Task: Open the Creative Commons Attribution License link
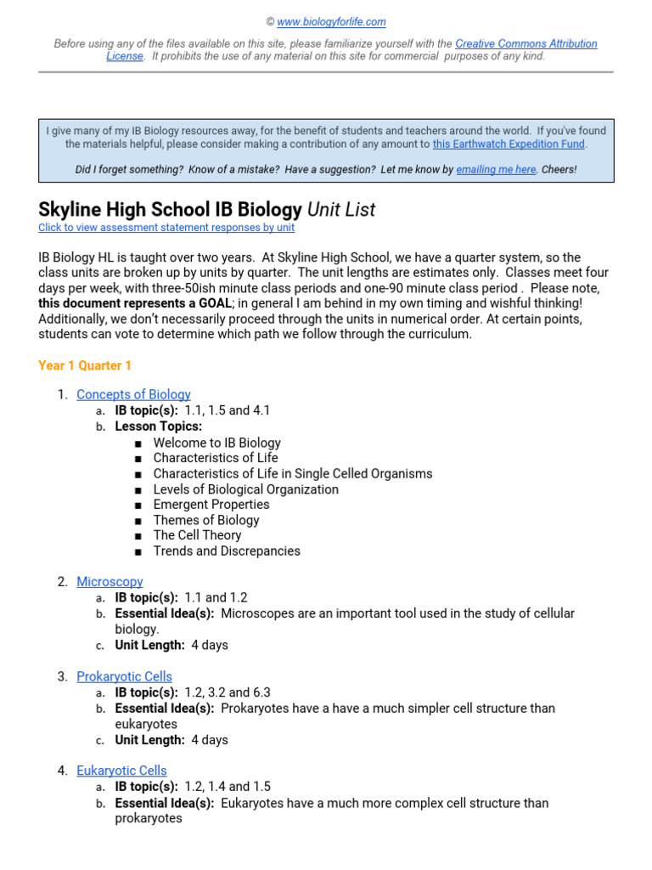pos(526,43)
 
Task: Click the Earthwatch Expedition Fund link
pos(509,144)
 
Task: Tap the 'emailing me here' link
pos(496,170)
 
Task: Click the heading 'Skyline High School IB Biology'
pos(171,210)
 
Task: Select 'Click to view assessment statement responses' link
pos(166,228)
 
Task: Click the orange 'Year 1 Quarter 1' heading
pos(85,365)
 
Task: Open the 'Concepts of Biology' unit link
pos(133,394)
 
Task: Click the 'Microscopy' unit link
pos(110,582)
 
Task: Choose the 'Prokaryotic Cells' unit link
pos(124,677)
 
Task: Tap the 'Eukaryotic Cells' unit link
pos(121,771)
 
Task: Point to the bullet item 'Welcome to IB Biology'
pos(216,443)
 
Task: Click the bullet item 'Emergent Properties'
pos(211,505)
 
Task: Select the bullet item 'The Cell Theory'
pos(197,535)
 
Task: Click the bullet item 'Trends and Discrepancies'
pos(227,551)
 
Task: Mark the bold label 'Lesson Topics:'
pos(159,427)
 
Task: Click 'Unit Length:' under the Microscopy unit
pos(150,645)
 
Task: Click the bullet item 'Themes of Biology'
pos(206,520)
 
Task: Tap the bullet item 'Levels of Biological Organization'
pos(245,489)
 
